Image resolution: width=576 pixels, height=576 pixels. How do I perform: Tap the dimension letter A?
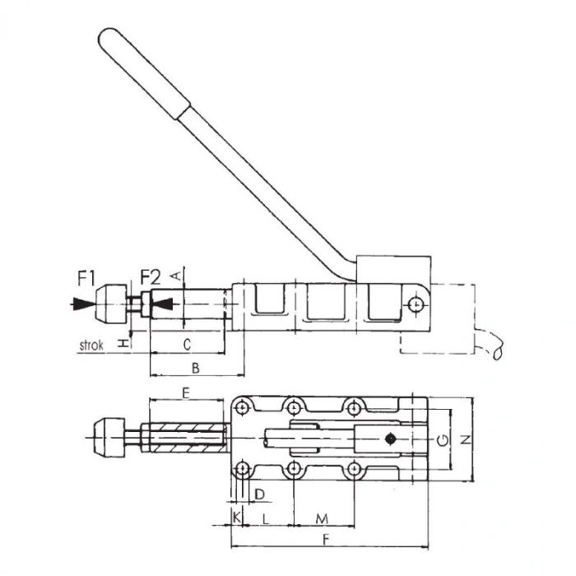tap(174, 276)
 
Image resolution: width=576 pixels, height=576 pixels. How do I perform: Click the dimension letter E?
tap(185, 393)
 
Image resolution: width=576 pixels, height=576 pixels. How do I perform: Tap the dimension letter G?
tap(444, 440)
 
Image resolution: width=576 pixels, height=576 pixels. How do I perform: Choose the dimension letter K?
tap(238, 518)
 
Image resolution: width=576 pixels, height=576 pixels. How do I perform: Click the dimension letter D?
tap(259, 494)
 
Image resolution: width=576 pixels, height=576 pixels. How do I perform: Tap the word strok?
tap(91, 346)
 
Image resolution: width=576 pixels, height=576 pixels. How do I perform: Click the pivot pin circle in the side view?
tap(417, 305)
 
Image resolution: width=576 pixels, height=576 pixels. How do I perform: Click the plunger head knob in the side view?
tap(110, 304)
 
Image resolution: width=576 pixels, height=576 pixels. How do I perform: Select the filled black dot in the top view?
tap(393, 438)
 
